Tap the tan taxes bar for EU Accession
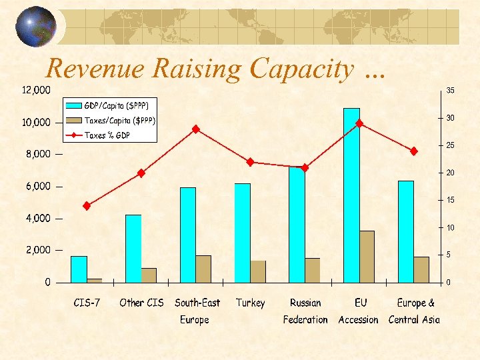367,256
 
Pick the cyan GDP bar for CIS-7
79,269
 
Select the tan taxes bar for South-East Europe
203,268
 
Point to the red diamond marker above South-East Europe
196,129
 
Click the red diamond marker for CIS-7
87,206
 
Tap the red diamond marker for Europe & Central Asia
413,151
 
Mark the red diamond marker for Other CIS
141,173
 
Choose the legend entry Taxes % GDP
107,135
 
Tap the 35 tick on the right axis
451,91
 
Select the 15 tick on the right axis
451,200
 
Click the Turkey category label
250,303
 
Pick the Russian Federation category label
305,311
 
